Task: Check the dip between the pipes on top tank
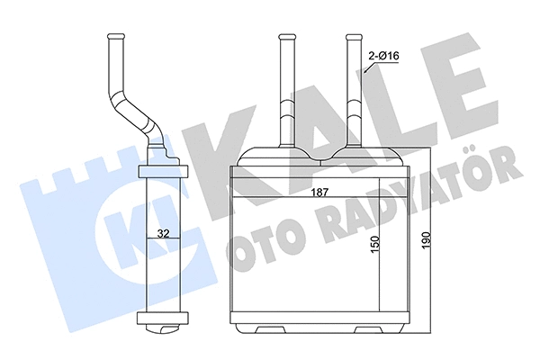[319, 160]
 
